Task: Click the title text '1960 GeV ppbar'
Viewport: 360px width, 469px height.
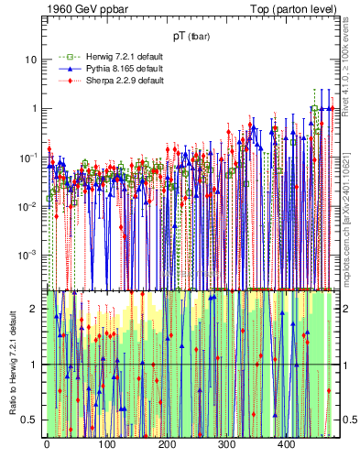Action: [x=83, y=10]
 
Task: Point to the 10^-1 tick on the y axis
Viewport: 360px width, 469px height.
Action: [x=27, y=157]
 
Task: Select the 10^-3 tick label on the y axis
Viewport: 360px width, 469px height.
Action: [x=27, y=255]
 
